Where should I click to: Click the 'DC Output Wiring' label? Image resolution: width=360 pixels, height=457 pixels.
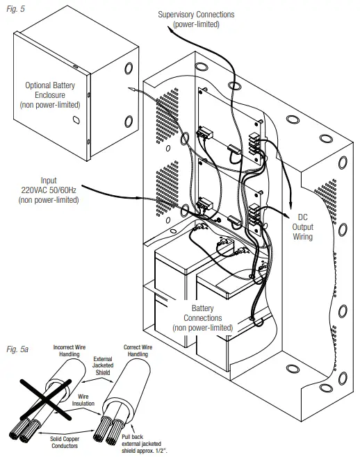(x=303, y=226)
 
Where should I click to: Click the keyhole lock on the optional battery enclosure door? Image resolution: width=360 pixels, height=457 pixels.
(x=75, y=120)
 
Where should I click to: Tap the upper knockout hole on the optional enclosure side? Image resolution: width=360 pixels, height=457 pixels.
(x=129, y=70)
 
